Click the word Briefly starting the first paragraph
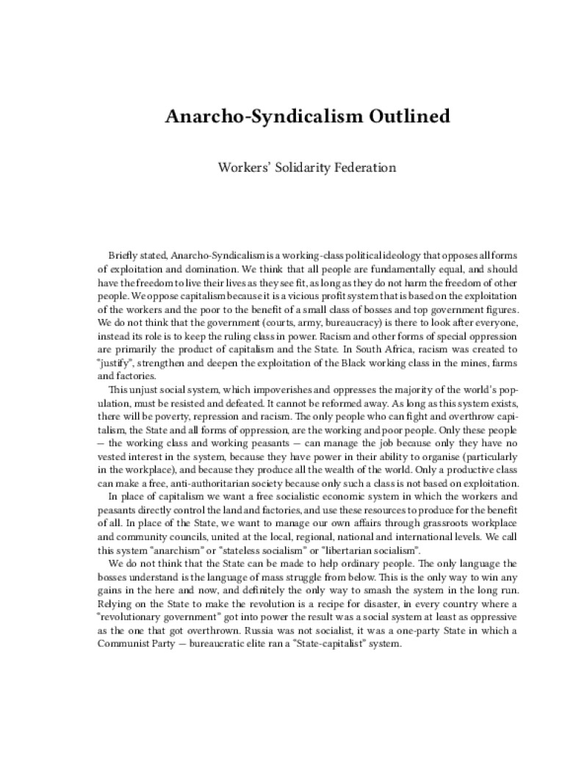[122, 256]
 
